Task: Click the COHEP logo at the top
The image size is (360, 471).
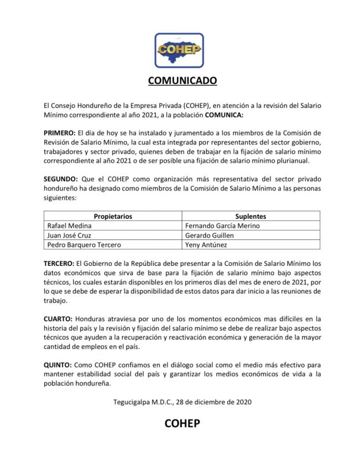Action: click(x=179, y=50)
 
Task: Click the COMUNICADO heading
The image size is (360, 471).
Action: click(x=182, y=81)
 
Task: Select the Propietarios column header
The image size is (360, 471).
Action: click(x=112, y=216)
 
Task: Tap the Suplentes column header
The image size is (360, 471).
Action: click(x=250, y=216)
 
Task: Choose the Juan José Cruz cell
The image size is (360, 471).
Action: click(x=70, y=235)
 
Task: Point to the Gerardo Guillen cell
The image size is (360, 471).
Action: click(x=210, y=235)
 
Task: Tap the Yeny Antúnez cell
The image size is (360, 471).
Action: click(x=206, y=244)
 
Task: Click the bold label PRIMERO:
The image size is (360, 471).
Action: click(x=59, y=133)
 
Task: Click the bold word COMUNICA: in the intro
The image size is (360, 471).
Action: click(x=224, y=115)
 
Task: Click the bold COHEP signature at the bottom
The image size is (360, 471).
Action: click(x=182, y=424)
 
